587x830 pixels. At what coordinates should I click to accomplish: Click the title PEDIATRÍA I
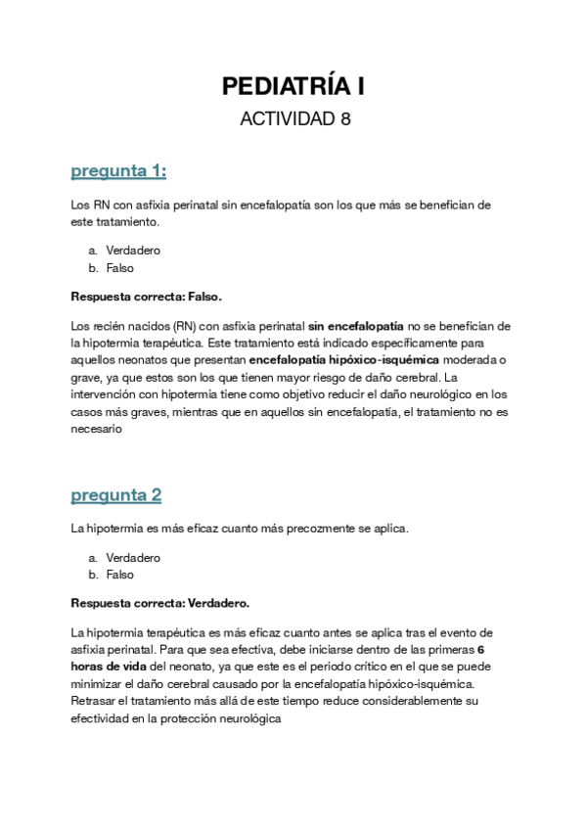pyautogui.click(x=293, y=86)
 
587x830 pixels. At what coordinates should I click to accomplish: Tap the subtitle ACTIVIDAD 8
pyautogui.click(x=293, y=119)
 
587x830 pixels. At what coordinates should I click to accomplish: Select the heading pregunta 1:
pyautogui.click(x=118, y=171)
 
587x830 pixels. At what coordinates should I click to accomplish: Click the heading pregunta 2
pyautogui.click(x=115, y=495)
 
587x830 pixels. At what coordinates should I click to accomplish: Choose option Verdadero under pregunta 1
pyautogui.click(x=133, y=251)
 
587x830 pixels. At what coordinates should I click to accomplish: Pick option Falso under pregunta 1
pyautogui.click(x=120, y=267)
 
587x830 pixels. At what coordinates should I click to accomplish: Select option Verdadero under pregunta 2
pyautogui.click(x=133, y=558)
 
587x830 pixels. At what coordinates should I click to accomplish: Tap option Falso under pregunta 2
pyautogui.click(x=120, y=575)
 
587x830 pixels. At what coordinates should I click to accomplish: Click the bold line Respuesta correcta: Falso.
pyautogui.click(x=153, y=296)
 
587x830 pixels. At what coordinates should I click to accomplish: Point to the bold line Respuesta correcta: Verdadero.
pyautogui.click(x=160, y=603)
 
